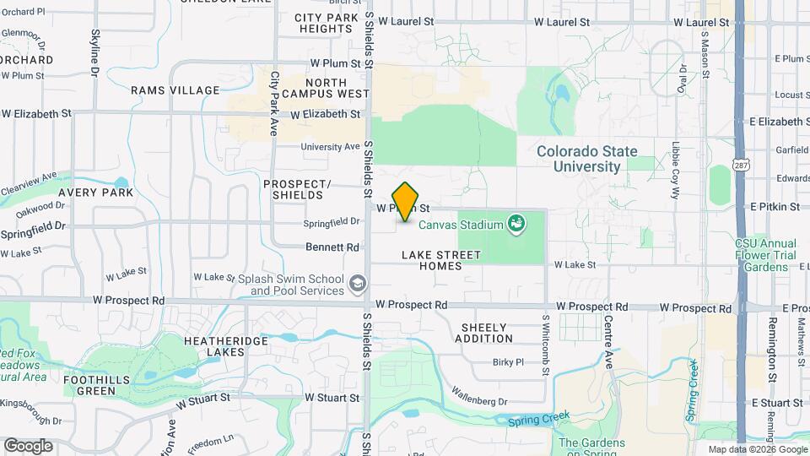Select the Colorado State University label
point(589,159)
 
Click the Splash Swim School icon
point(358,282)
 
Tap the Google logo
point(27,445)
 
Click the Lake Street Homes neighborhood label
point(441,260)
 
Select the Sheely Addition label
point(484,333)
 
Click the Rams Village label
point(175,90)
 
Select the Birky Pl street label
point(509,361)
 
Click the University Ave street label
point(331,146)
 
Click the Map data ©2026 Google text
point(756,449)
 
